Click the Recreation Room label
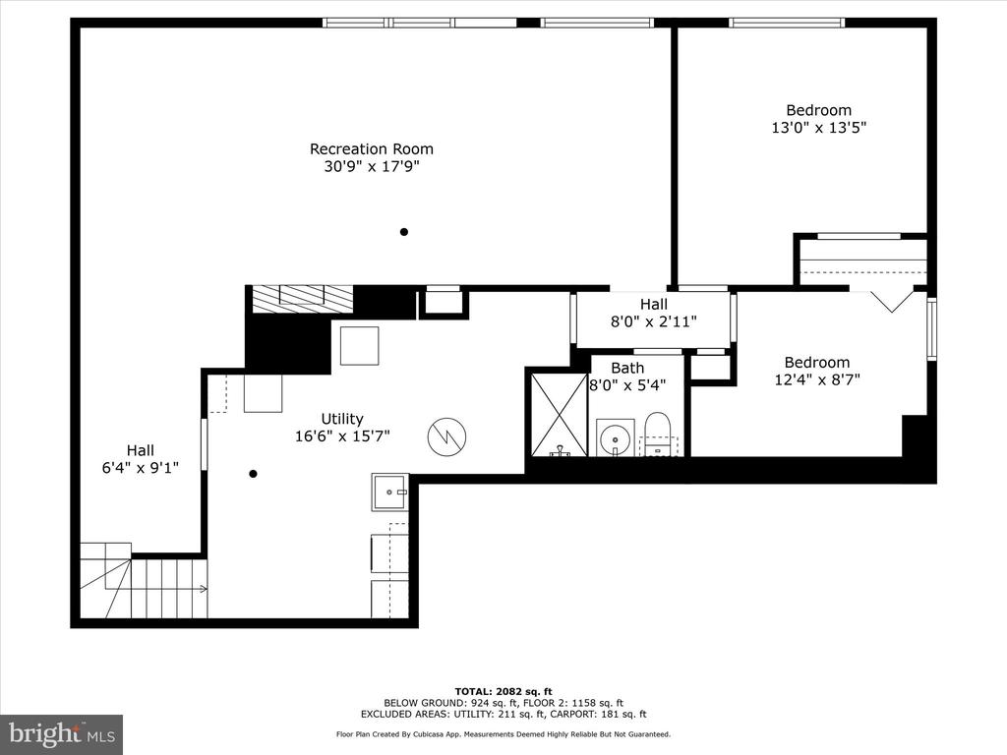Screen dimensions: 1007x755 point(371,149)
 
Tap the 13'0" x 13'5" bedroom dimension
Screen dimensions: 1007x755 point(819,127)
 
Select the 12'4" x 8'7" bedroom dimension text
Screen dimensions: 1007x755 point(817,379)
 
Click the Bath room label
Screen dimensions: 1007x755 point(627,368)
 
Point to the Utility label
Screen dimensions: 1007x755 point(342,419)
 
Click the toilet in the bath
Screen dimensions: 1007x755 point(657,435)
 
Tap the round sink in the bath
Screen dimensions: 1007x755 point(616,439)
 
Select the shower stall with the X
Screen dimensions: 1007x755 point(559,414)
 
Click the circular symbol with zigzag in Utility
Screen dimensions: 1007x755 point(446,437)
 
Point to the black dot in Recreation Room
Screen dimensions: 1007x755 point(404,232)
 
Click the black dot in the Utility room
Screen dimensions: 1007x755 point(253,474)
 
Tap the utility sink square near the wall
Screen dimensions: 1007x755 point(389,492)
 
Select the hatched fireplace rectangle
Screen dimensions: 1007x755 point(303,299)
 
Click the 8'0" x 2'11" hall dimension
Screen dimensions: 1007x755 point(654,321)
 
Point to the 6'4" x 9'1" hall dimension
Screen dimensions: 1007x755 point(140,468)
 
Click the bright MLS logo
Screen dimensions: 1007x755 point(62,733)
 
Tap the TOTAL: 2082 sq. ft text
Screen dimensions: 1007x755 point(503,691)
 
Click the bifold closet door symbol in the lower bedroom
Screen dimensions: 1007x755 point(891,301)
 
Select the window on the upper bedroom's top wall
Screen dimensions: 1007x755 point(787,24)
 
